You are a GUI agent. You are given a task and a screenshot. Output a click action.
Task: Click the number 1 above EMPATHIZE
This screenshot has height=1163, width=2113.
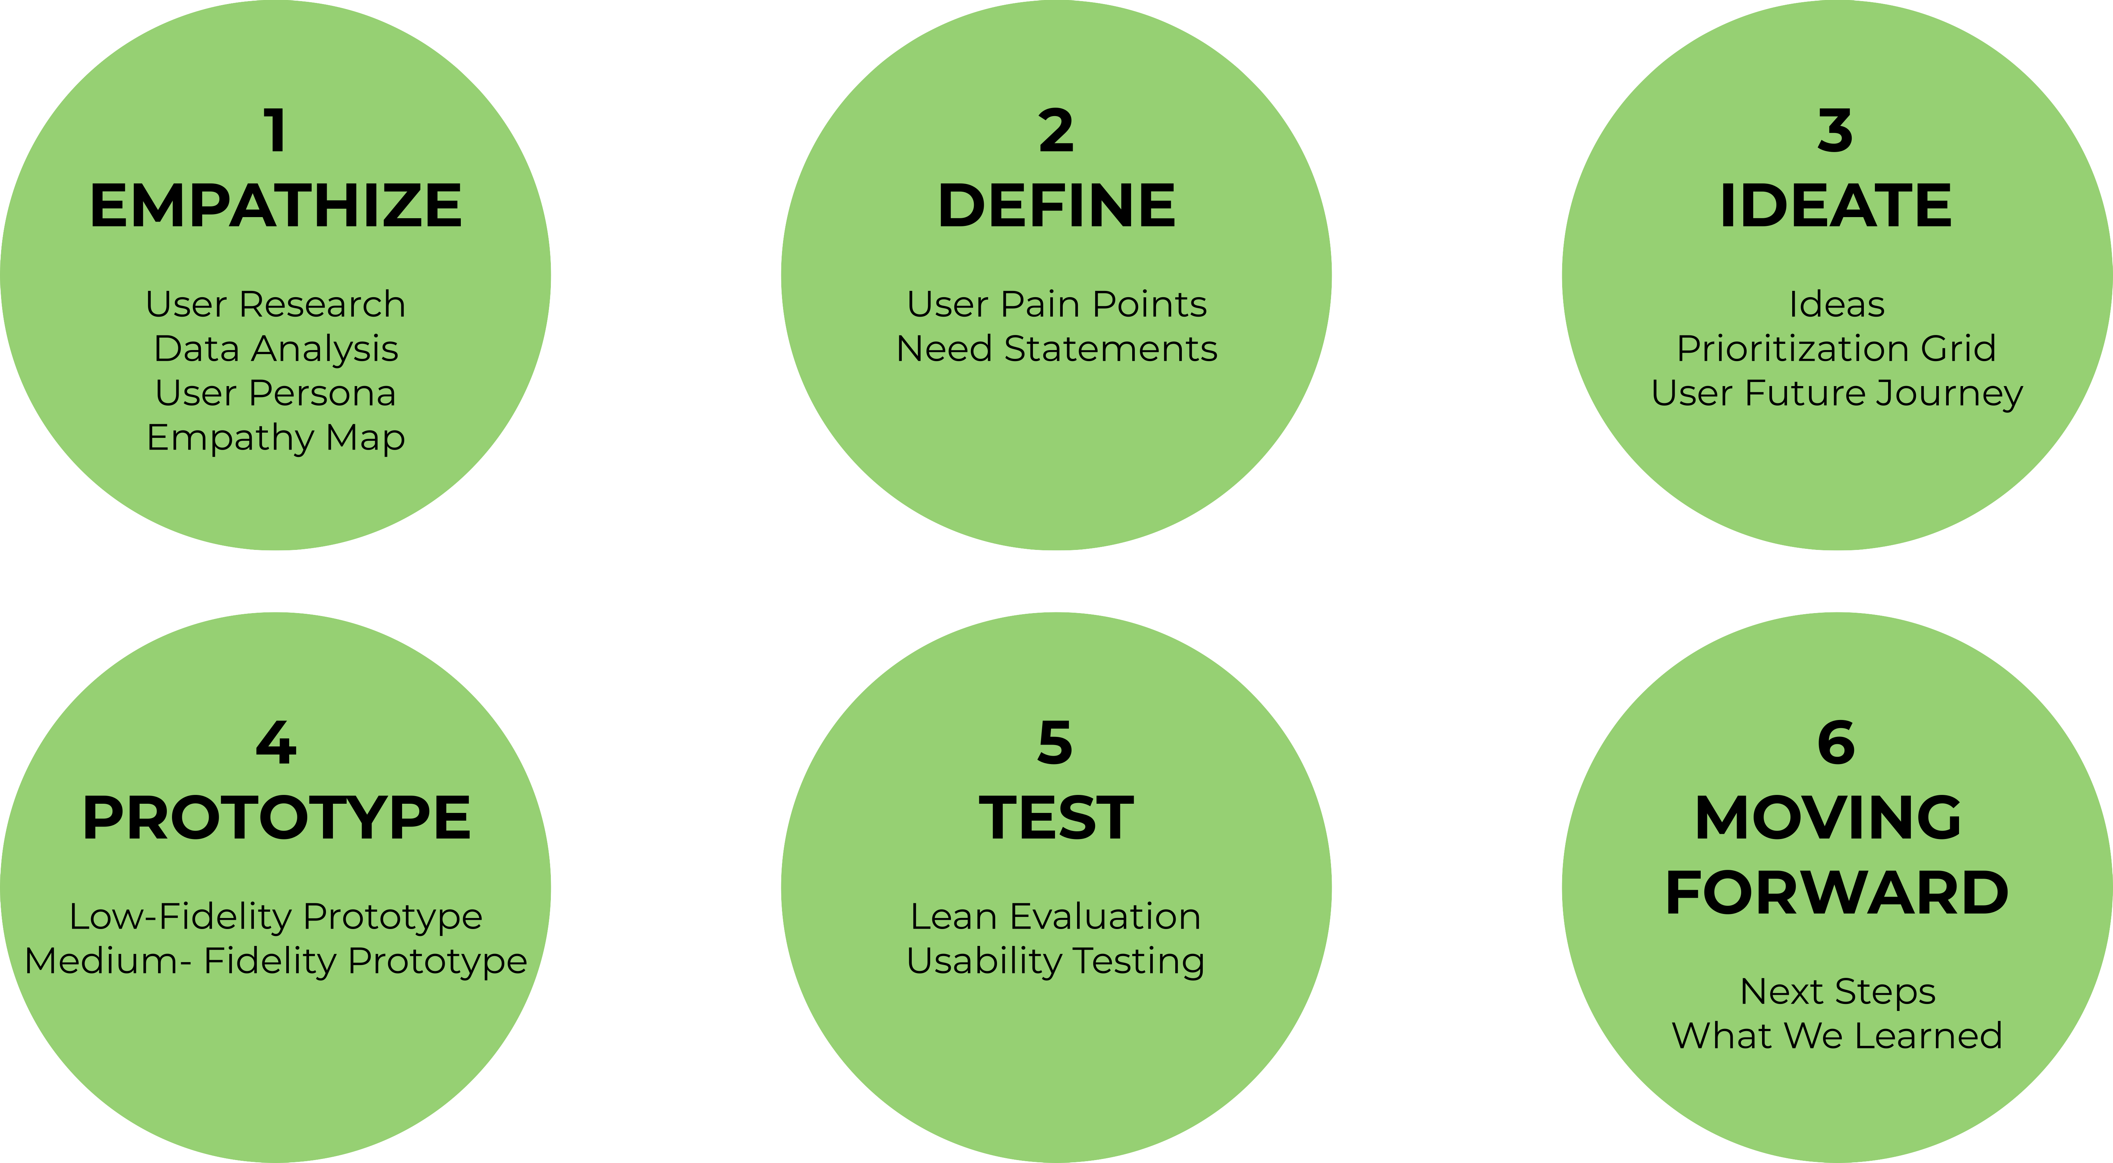(x=276, y=131)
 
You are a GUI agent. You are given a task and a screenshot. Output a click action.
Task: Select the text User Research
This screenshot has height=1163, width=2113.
(x=276, y=304)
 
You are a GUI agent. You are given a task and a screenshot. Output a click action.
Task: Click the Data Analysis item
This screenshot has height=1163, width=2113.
(x=276, y=349)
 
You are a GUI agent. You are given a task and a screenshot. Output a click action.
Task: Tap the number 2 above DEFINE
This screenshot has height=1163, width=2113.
(x=1056, y=131)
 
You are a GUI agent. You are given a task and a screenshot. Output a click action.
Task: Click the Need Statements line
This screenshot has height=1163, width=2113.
(x=1056, y=349)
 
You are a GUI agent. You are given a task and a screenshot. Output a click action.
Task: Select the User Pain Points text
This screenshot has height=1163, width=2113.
(x=1056, y=304)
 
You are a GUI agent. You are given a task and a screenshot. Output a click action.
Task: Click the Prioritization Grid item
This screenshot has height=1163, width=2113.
(x=1836, y=349)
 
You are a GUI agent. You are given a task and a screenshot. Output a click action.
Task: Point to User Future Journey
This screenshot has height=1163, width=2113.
(x=1836, y=393)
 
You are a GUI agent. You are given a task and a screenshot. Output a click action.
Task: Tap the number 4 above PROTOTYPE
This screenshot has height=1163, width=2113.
(x=276, y=743)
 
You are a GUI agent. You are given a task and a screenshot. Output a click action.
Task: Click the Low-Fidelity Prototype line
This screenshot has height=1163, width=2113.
(x=276, y=916)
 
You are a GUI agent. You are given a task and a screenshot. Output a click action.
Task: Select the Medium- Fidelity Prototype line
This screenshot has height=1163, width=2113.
(x=276, y=961)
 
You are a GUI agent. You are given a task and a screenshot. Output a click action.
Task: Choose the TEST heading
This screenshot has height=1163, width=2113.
(x=1056, y=818)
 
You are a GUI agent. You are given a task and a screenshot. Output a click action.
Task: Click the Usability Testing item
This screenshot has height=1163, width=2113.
(x=1056, y=961)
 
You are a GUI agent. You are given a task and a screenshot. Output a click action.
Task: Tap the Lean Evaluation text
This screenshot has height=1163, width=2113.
(x=1056, y=916)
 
